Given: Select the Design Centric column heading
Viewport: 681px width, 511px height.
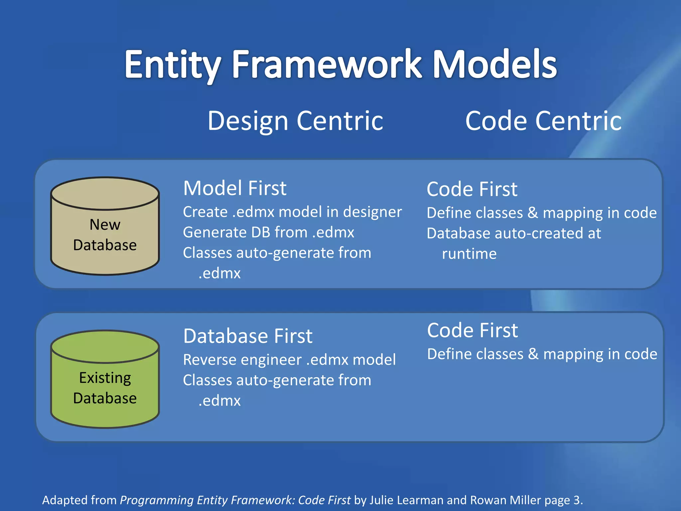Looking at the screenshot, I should [x=295, y=121].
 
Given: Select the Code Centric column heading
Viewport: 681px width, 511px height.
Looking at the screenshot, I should [x=543, y=121].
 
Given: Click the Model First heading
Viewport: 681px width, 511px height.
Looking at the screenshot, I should [x=234, y=188].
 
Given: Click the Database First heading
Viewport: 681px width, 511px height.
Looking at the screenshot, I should [x=248, y=336].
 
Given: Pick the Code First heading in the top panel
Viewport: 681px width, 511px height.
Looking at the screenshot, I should [x=472, y=189].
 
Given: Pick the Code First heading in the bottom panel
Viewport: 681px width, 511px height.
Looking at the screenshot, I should [x=472, y=331].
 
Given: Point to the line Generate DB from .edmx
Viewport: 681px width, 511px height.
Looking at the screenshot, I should [x=268, y=232].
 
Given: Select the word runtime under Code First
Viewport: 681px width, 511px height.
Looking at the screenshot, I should [x=469, y=254].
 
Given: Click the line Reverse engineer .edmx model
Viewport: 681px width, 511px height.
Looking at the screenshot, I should [x=289, y=360].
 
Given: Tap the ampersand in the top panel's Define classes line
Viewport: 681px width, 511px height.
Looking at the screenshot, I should [x=533, y=213].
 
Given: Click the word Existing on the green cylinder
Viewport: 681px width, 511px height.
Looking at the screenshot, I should [x=105, y=378].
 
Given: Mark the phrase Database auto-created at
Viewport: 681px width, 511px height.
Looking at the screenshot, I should [x=514, y=234].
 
